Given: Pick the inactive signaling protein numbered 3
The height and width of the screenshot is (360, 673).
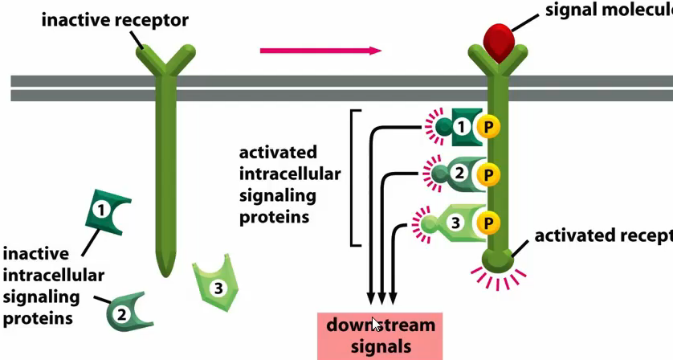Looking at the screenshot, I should tap(214, 283).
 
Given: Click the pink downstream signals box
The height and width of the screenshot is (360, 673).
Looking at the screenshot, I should tap(380, 336).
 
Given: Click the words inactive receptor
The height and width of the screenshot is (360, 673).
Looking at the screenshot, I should tap(115, 19).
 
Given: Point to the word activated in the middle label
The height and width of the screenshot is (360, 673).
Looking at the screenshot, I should tap(278, 153).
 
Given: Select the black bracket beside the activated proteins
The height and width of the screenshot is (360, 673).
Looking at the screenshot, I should tap(352, 178).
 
